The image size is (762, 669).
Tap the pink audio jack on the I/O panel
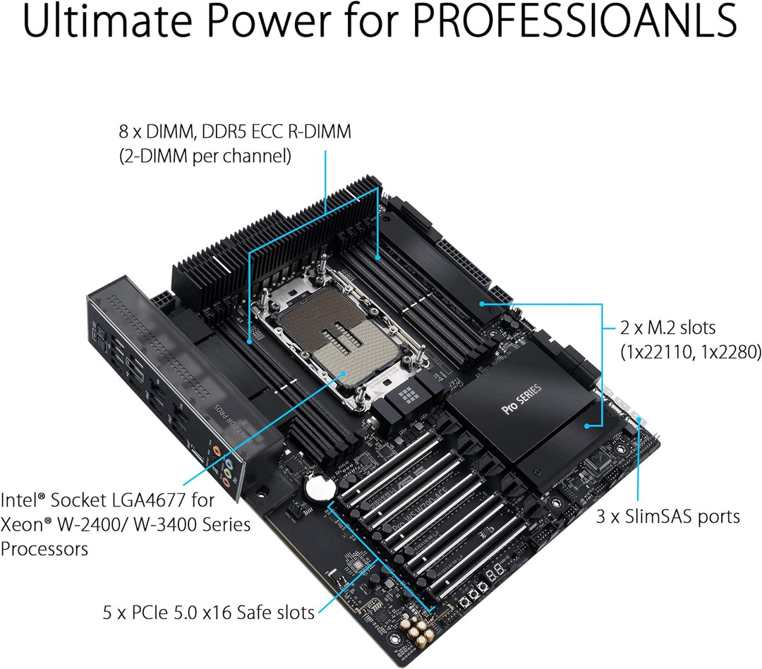click(226, 483)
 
